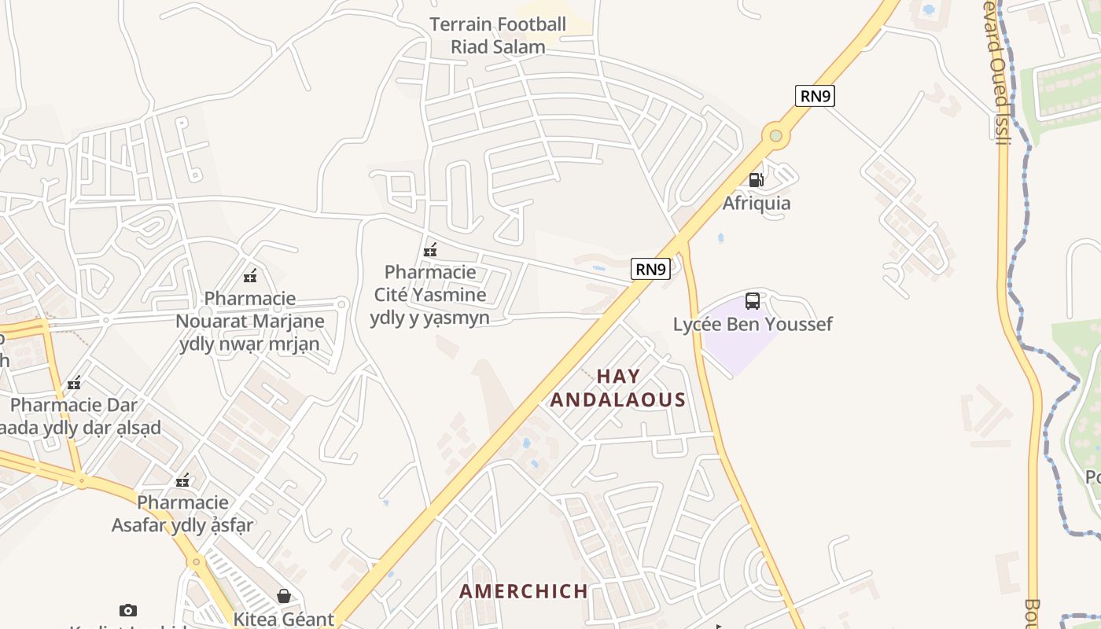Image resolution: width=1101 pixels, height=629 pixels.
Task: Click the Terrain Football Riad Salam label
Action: pyautogui.click(x=498, y=35)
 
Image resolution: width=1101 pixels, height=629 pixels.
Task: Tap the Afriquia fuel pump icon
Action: pyautogui.click(x=756, y=180)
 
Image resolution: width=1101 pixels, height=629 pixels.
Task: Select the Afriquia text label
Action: pyautogui.click(x=757, y=204)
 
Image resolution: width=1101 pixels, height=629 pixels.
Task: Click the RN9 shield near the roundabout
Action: pyautogui.click(x=815, y=96)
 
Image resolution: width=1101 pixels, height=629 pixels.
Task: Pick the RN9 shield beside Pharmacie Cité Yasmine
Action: pyautogui.click(x=650, y=270)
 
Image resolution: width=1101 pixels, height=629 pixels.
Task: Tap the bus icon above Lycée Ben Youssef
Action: pyautogui.click(x=753, y=301)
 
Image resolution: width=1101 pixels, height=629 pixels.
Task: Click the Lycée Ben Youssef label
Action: pyautogui.click(x=753, y=324)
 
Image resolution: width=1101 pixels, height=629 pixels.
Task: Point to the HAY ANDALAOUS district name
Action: pyautogui.click(x=618, y=388)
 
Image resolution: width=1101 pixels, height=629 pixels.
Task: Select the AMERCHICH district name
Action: pyautogui.click(x=524, y=591)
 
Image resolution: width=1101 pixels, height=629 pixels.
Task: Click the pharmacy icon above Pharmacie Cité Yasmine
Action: pyautogui.click(x=430, y=251)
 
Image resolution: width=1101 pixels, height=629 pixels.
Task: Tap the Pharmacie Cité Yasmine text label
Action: pyautogui.click(x=430, y=295)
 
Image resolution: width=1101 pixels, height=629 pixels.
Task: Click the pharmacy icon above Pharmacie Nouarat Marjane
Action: pyautogui.click(x=250, y=276)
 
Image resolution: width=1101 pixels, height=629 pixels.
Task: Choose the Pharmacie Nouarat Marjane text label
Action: pyautogui.click(x=250, y=321)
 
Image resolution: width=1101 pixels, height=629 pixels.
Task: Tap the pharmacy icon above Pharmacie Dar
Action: pyautogui.click(x=74, y=384)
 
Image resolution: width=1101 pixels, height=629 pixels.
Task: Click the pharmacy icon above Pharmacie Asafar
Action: pyautogui.click(x=182, y=480)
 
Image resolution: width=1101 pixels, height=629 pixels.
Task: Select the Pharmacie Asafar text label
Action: pyautogui.click(x=182, y=513)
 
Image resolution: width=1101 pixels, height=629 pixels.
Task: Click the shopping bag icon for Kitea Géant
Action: pyautogui.click(x=283, y=597)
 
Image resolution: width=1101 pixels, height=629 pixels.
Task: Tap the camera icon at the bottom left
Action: pyautogui.click(x=128, y=610)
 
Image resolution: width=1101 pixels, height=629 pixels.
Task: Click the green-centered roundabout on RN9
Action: pyautogui.click(x=776, y=136)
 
